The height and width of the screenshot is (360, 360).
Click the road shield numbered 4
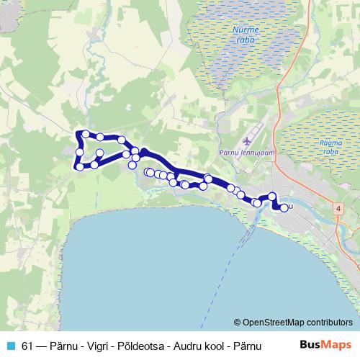tap(337, 207)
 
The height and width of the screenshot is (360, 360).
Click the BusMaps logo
tap(325, 345)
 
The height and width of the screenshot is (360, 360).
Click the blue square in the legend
tap(10, 345)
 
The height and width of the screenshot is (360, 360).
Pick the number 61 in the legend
tap(27, 345)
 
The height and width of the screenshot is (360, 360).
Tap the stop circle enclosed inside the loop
tap(100, 153)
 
